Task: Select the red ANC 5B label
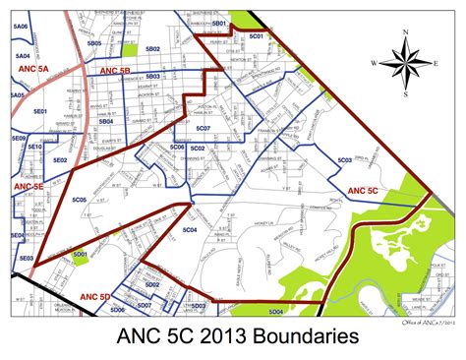click(114, 72)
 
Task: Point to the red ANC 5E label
click(29, 185)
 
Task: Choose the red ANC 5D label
click(93, 295)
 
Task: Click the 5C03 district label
click(344, 159)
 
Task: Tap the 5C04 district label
click(190, 229)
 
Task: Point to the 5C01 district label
click(258, 36)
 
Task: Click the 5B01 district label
click(219, 22)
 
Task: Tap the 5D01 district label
click(81, 254)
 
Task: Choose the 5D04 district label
click(276, 312)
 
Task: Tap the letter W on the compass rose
click(375, 63)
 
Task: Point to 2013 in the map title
click(217, 337)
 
